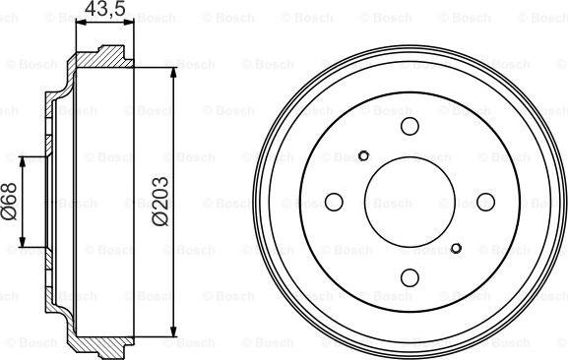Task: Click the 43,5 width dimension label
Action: [x=105, y=8]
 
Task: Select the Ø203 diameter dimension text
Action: [x=160, y=202]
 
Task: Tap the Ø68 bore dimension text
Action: [x=9, y=202]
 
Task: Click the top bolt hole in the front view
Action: [x=410, y=126]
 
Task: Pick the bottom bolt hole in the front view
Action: [x=410, y=277]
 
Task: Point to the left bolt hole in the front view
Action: [x=334, y=202]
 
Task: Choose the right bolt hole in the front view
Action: [x=485, y=202]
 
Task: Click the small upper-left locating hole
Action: [x=363, y=156]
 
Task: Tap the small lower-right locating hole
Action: [x=456, y=248]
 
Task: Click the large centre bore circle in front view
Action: [x=410, y=157]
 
